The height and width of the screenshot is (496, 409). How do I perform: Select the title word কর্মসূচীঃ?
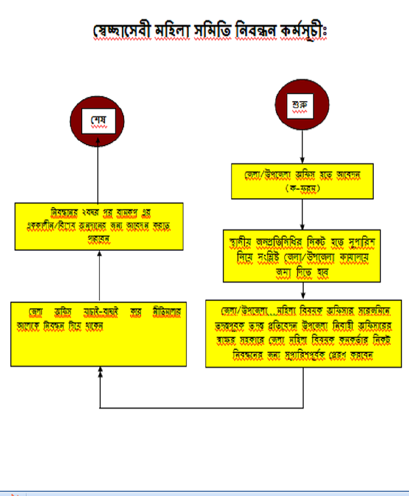click(302, 31)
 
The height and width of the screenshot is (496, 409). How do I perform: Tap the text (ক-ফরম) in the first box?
click(303, 188)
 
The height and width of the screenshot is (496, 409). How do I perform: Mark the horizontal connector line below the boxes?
click(204, 408)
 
